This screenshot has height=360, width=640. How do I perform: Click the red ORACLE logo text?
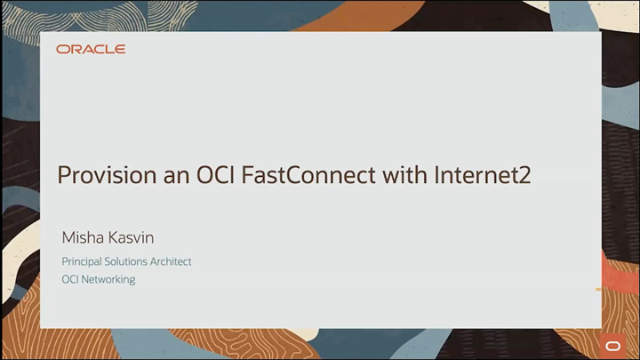[91, 49]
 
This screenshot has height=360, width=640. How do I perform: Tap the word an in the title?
[153, 175]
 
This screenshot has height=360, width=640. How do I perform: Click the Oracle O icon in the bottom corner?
[613, 345]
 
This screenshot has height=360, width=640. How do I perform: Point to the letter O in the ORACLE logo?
[61, 49]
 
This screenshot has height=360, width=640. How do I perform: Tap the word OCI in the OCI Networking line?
[70, 279]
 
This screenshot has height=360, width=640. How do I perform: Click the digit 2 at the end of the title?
[524, 175]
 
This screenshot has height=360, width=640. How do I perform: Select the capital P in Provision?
[63, 175]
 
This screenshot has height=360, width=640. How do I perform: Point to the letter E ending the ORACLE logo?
[121, 49]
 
